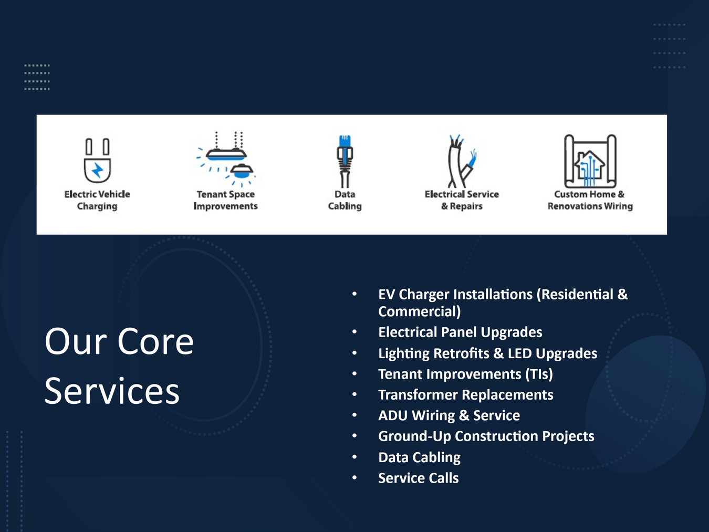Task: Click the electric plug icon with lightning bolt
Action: [x=97, y=160]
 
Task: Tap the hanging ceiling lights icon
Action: [x=226, y=159]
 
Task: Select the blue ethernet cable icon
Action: [x=345, y=161]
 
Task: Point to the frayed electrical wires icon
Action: [x=462, y=161]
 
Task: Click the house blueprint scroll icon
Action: [x=590, y=161]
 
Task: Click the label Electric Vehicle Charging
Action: [x=97, y=200]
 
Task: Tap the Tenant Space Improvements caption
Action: [x=225, y=200]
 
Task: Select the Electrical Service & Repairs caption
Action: [x=462, y=200]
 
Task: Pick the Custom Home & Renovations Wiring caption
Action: [x=590, y=200]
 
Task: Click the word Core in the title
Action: [x=155, y=341]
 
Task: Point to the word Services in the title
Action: [x=112, y=391]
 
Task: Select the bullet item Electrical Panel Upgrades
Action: [x=460, y=332]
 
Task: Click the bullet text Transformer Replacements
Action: [x=466, y=395]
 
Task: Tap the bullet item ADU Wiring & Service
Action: [x=449, y=415]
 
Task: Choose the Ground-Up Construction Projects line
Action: [x=486, y=436]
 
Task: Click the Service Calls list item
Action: [x=418, y=478]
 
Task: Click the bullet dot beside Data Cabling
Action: [x=354, y=457]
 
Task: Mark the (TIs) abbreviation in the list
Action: [x=539, y=374]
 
